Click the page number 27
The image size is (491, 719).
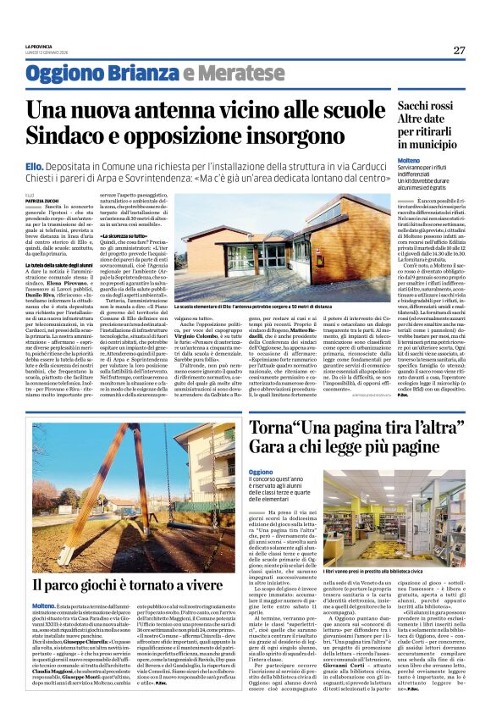click(460, 50)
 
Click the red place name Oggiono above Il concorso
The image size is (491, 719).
click(261, 472)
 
